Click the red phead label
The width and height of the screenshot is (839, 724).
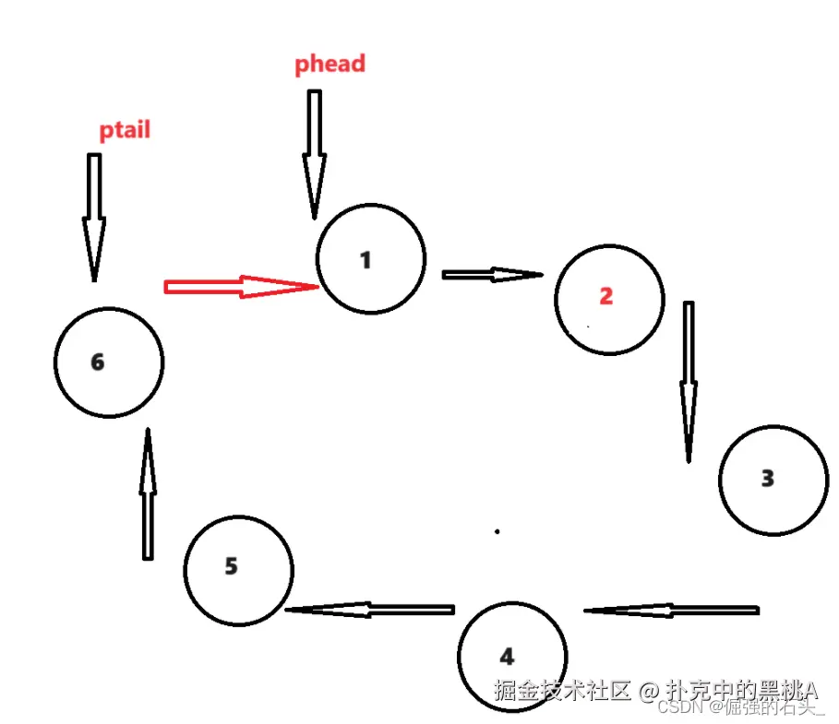330,64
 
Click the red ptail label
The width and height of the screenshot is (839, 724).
125,130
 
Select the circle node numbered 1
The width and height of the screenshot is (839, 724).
370,259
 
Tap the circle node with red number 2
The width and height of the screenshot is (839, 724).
609,299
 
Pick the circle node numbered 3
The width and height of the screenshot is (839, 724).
773,480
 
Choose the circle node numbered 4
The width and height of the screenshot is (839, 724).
512,655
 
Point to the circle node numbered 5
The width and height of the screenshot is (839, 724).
238,569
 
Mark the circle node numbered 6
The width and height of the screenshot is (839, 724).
109,362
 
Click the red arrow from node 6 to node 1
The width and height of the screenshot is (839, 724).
241,287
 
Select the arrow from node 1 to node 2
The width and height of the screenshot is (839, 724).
492,274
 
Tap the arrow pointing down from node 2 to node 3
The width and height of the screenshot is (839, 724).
689,380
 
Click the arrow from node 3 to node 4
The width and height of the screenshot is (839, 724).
671,610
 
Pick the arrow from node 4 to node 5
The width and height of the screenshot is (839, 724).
369,610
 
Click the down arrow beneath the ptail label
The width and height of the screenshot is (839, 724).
93,217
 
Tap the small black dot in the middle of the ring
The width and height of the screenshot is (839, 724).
497,531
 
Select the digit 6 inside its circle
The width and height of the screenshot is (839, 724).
98,362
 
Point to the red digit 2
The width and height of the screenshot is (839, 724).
606,296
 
